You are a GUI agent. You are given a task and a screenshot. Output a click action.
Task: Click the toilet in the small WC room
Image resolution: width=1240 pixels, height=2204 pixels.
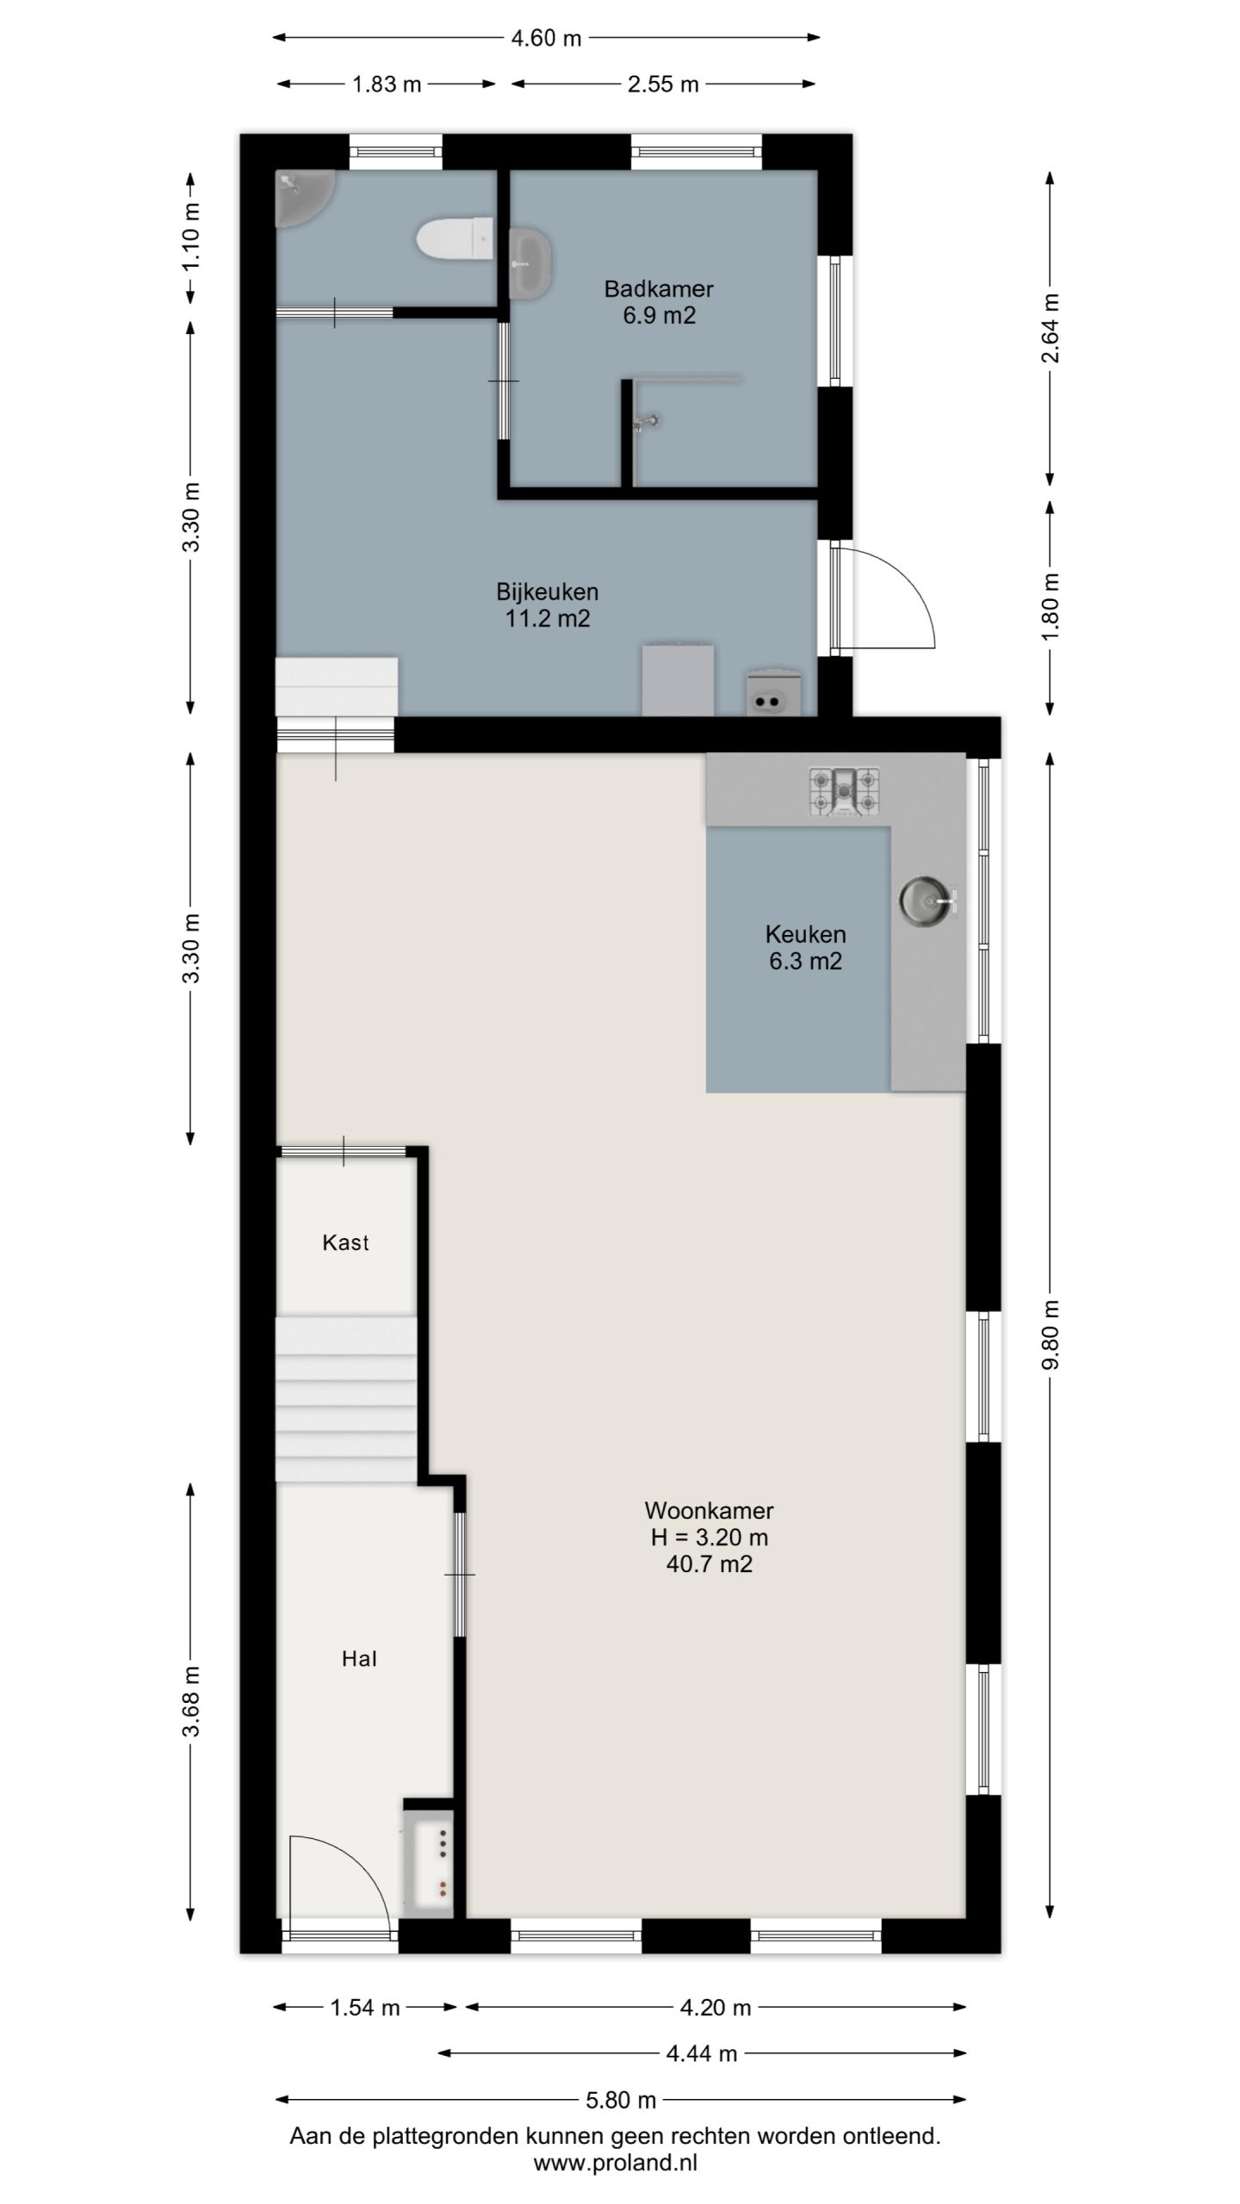[x=454, y=238]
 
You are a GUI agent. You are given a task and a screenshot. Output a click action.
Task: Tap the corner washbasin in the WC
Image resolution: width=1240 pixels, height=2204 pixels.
[x=300, y=195]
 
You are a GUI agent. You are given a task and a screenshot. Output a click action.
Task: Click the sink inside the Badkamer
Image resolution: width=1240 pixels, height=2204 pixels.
[x=529, y=263]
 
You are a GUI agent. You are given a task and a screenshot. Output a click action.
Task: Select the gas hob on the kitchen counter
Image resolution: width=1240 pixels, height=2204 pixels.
[x=844, y=792]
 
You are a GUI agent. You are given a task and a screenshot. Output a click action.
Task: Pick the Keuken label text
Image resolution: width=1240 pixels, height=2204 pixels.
[x=805, y=934]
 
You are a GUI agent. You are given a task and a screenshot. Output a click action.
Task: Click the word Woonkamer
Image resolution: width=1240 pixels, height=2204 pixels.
[x=709, y=1510]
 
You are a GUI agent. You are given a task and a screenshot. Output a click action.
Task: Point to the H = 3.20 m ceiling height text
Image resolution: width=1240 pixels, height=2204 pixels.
[x=710, y=1537]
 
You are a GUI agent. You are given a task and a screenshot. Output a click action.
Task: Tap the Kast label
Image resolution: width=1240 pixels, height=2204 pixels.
[x=345, y=1242]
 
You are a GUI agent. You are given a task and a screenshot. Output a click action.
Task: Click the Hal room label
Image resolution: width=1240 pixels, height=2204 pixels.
[x=359, y=1659]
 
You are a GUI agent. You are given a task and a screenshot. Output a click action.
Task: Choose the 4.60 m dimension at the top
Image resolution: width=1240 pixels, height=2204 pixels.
[x=546, y=38]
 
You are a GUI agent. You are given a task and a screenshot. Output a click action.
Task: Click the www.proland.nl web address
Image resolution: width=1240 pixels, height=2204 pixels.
[x=615, y=2163]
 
